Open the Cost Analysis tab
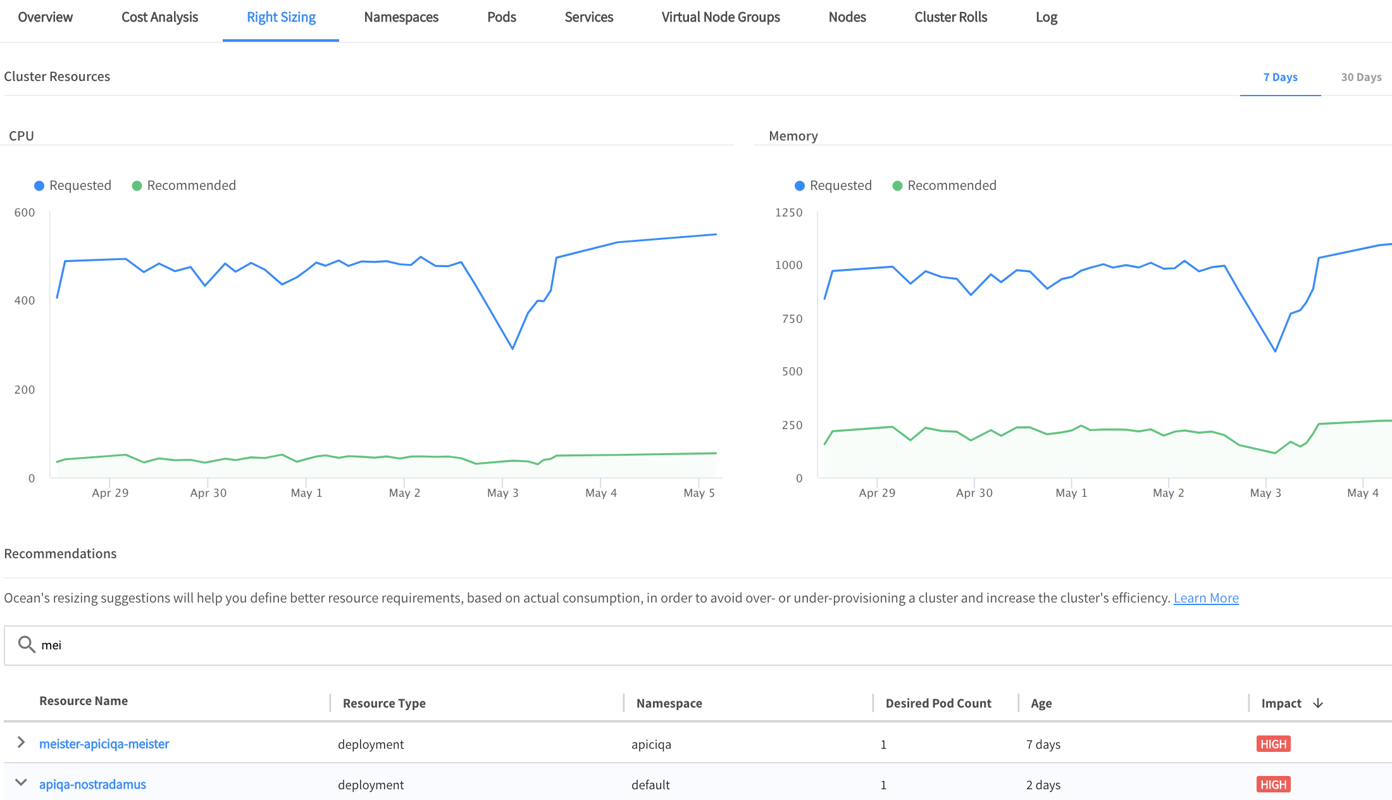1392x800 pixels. pyautogui.click(x=159, y=18)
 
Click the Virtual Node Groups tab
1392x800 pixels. pyautogui.click(x=721, y=18)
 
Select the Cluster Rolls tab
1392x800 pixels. pyautogui.click(x=950, y=18)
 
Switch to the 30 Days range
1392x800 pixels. pyautogui.click(x=1361, y=77)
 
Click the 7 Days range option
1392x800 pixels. pyautogui.click(x=1280, y=77)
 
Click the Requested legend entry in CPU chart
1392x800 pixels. pyautogui.click(x=73, y=185)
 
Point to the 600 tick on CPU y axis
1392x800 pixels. pyautogui.click(x=25, y=213)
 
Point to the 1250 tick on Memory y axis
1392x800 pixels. pyautogui.click(x=788, y=213)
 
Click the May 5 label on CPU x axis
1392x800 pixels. pyautogui.click(x=699, y=493)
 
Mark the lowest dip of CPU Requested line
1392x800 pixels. pyautogui.click(x=513, y=349)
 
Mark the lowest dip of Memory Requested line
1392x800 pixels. pyautogui.click(x=1275, y=351)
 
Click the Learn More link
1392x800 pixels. pyautogui.click(x=1206, y=598)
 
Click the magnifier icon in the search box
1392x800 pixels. pyautogui.click(x=27, y=644)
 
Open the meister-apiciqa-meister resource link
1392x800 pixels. pyautogui.click(x=104, y=744)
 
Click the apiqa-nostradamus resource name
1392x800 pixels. pyautogui.click(x=92, y=785)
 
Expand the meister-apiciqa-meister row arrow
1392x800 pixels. pyautogui.click(x=21, y=742)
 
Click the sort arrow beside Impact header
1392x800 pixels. pyautogui.click(x=1318, y=703)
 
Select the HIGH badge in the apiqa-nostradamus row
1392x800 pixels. pyautogui.click(x=1273, y=785)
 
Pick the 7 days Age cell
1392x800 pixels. pyautogui.click(x=1043, y=744)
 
